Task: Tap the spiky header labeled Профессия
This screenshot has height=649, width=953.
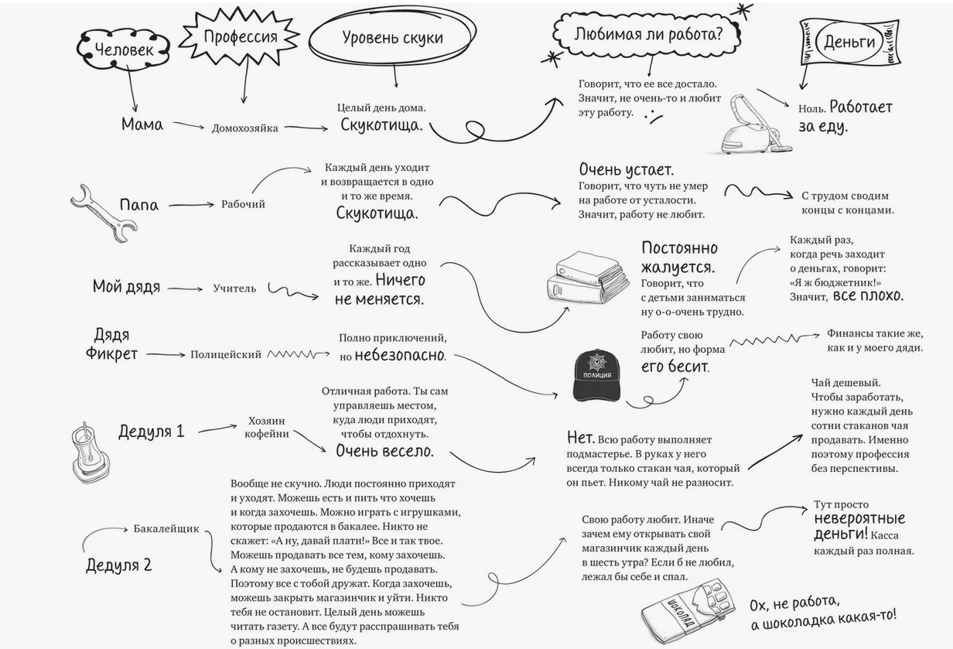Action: [x=241, y=36]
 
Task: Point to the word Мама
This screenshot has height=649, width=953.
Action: [x=142, y=124]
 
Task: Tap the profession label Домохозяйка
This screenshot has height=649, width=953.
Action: [x=244, y=128]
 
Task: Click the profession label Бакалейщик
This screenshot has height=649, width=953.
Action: [x=166, y=529]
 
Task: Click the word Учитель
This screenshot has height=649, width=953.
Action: [x=234, y=289]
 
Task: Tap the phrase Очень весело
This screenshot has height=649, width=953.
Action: [x=384, y=450]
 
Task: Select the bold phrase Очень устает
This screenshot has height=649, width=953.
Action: [x=627, y=169]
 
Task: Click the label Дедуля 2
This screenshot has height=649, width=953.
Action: [x=118, y=565]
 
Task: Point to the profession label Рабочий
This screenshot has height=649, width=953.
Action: [x=243, y=204]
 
